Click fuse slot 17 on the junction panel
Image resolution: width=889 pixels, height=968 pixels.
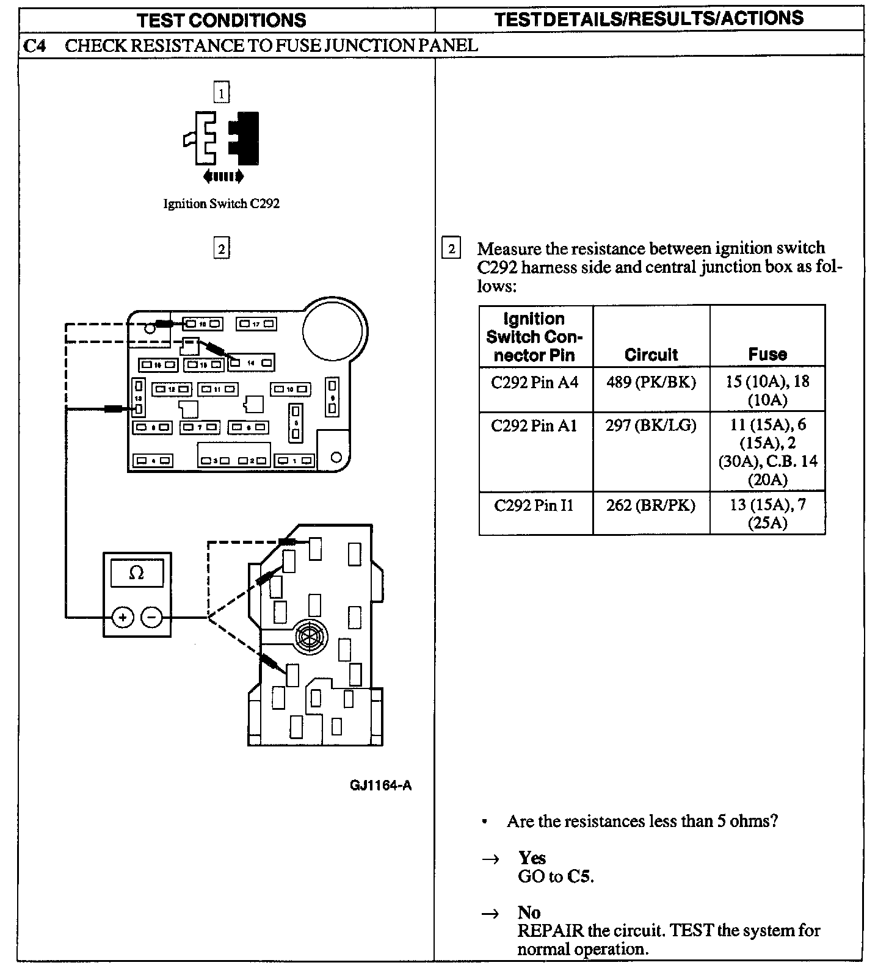[x=257, y=323]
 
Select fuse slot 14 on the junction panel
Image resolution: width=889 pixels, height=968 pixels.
[x=251, y=363]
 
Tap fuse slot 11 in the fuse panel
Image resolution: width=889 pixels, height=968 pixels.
[x=217, y=389]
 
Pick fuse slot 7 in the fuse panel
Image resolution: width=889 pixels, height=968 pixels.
[x=200, y=428]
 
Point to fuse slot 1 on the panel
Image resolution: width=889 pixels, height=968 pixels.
[x=295, y=461]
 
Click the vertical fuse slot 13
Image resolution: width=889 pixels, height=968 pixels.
[x=139, y=397]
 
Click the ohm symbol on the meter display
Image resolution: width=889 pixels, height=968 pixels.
[x=137, y=574]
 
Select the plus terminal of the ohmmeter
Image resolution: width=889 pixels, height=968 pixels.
[x=123, y=618]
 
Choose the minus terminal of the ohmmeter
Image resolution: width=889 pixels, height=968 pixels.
[x=152, y=618]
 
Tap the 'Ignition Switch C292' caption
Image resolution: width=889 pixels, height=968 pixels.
[x=221, y=204]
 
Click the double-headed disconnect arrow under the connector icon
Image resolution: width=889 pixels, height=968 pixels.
[x=223, y=177]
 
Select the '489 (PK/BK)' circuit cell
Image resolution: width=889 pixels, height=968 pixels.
[x=651, y=382]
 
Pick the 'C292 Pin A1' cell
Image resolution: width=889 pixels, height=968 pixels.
[x=534, y=425]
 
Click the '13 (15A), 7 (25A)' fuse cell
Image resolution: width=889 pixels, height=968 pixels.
[x=767, y=513]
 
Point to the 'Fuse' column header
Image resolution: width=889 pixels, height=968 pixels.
[x=767, y=354]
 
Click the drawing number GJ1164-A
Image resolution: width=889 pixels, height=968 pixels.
[x=380, y=786]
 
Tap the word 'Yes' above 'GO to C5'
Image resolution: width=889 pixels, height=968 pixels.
[x=532, y=858]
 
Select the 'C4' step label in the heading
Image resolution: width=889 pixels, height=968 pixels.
[x=35, y=46]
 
